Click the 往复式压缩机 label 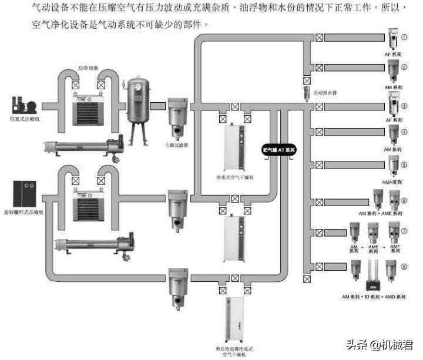[24, 119]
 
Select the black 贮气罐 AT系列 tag [278, 150]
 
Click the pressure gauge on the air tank [139, 85]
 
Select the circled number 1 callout [404, 37]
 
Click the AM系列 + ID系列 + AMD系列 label [374, 297]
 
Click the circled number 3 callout [404, 107]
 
